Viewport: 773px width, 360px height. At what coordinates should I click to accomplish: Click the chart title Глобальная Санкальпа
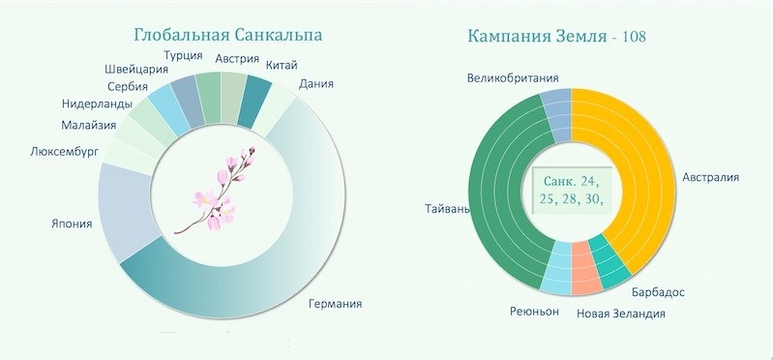(x=228, y=36)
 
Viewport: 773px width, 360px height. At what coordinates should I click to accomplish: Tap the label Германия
(x=336, y=303)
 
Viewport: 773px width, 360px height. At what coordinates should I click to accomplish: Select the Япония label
(x=72, y=224)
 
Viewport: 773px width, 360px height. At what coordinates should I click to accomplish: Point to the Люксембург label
(x=64, y=151)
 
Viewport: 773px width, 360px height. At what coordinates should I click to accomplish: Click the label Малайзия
(x=89, y=125)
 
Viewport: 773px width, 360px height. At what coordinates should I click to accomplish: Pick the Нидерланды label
(x=97, y=105)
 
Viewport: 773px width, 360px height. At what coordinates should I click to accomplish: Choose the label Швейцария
(x=136, y=70)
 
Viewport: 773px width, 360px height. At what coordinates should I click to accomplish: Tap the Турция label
(x=183, y=55)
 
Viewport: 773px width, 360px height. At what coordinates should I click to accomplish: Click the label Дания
(x=316, y=84)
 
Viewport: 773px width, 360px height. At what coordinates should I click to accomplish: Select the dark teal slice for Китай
(x=254, y=101)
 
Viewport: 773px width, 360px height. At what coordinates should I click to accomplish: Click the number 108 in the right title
(x=634, y=37)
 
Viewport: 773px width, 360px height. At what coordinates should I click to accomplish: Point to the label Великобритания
(x=513, y=78)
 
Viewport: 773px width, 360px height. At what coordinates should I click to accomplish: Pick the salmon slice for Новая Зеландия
(x=586, y=268)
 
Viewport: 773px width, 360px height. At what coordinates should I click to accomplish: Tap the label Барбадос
(x=658, y=292)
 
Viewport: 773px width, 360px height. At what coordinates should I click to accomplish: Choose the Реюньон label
(x=534, y=312)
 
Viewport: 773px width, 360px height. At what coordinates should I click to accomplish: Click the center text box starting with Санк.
(x=572, y=190)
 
